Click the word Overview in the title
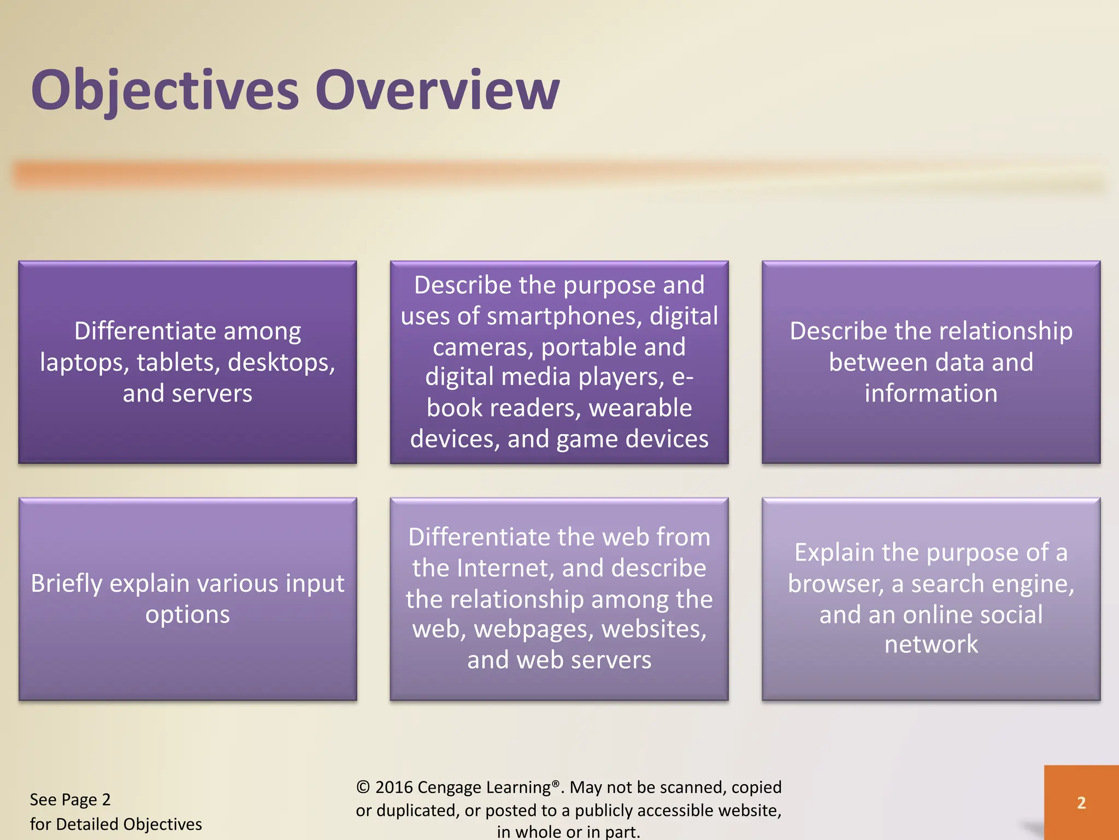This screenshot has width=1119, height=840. tap(437, 90)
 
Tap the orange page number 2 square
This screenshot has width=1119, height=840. tap(1081, 802)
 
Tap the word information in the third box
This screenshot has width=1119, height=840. tap(931, 394)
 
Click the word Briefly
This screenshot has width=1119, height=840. tap(67, 584)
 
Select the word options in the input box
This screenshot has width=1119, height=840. tap(187, 615)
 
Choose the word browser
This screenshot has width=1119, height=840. tap(835, 584)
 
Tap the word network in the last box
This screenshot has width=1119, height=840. tap(931, 644)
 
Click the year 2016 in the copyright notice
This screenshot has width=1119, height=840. tap(393, 787)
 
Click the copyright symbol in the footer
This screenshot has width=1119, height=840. tap(363, 787)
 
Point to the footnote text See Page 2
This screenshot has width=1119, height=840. tap(70, 800)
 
